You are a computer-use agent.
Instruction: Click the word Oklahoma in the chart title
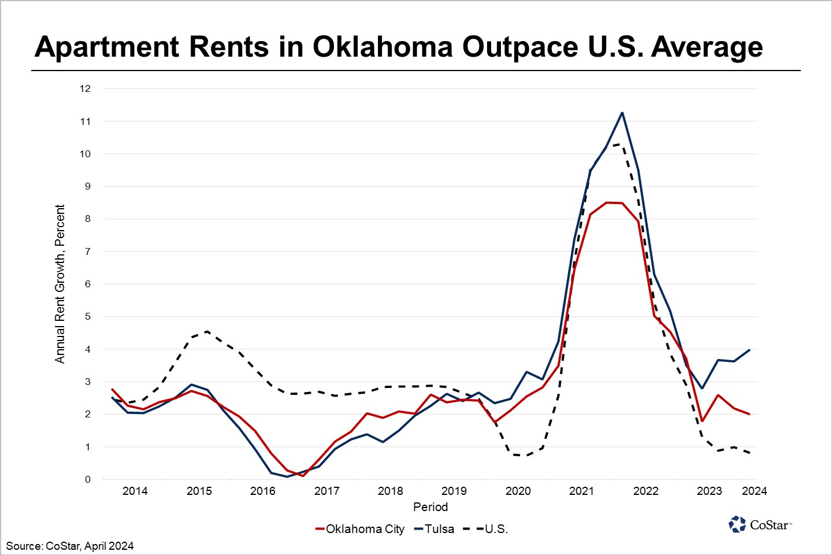tap(382, 46)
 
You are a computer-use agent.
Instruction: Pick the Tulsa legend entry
tap(434, 529)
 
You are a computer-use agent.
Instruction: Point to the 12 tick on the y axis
tap(86, 88)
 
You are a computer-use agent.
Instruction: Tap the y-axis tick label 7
tap(88, 251)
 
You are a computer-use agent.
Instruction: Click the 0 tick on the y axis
tap(88, 479)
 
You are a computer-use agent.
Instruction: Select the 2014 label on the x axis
tap(135, 491)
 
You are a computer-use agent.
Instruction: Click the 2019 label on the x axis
tap(454, 491)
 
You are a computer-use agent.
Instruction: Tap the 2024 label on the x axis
tap(754, 491)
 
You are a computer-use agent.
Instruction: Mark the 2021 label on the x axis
tap(581, 491)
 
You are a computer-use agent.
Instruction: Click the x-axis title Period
tap(430, 507)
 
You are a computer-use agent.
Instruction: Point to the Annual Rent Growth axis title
tap(60, 284)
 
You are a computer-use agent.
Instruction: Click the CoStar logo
tap(760, 524)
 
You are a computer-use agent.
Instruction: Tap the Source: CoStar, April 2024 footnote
tap(70, 546)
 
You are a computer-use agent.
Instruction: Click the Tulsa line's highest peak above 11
tap(622, 113)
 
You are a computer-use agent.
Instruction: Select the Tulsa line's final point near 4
tap(749, 350)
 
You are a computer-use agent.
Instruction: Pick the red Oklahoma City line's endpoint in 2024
tap(749, 414)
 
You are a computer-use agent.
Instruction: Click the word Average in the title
tap(707, 46)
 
